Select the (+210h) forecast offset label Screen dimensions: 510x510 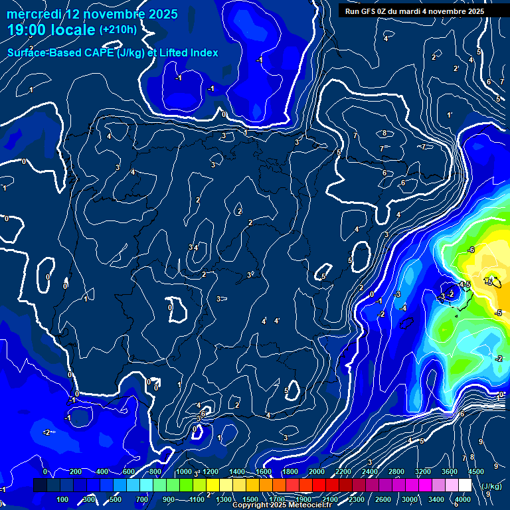(118, 30)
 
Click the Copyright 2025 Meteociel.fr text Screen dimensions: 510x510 (282, 505)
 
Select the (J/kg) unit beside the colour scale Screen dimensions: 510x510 (491, 487)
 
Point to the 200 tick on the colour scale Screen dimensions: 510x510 (76, 472)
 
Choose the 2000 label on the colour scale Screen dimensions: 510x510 (317, 472)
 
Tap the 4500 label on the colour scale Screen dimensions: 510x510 (477, 472)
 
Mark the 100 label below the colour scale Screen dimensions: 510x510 (62, 499)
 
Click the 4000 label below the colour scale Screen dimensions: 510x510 (463, 499)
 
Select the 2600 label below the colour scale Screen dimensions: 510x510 (383, 499)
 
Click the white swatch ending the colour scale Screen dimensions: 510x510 (464, 485)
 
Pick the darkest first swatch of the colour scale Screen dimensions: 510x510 (40, 485)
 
